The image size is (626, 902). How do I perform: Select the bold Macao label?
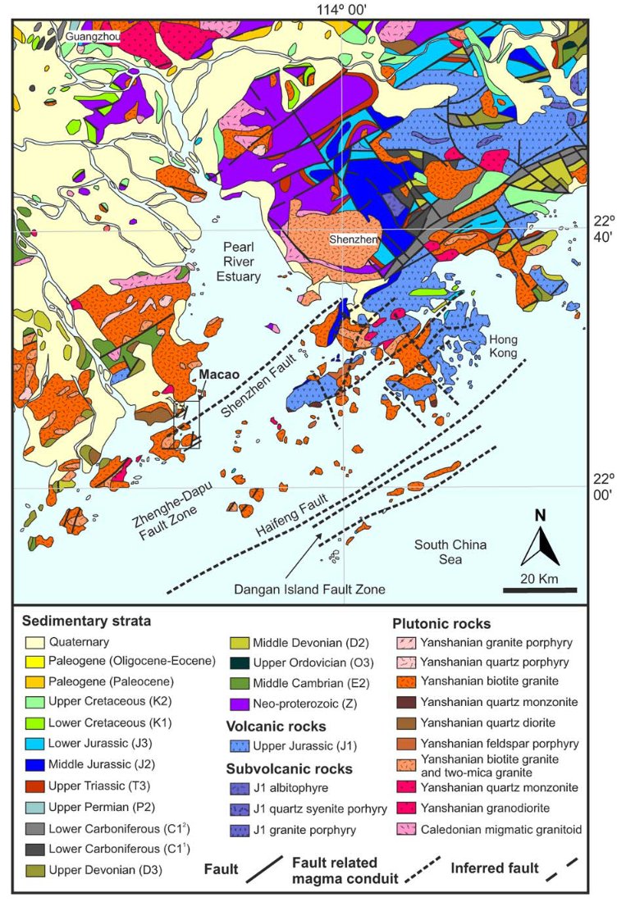coord(217,374)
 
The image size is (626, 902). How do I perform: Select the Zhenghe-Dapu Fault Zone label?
coord(167,515)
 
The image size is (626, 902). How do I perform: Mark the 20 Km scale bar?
coord(539,590)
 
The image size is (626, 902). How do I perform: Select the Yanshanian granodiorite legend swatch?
coord(405,809)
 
